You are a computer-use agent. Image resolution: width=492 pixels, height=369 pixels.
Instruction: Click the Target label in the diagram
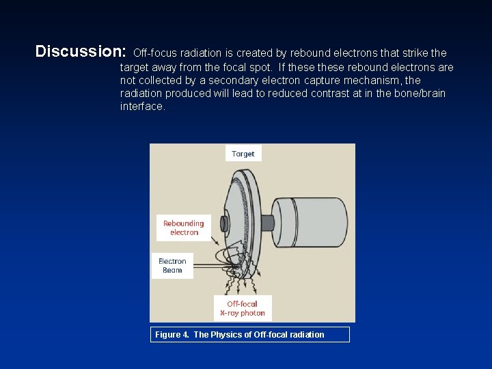click(x=243, y=154)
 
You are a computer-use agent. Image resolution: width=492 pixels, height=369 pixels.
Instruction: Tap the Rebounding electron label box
click(x=184, y=228)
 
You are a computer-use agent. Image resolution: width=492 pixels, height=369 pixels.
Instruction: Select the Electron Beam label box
click(x=172, y=266)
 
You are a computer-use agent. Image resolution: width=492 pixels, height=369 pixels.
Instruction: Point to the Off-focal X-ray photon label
click(x=243, y=309)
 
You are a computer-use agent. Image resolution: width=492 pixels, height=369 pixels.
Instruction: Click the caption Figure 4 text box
click(x=249, y=334)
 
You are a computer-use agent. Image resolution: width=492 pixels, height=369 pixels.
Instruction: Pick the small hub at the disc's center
click(x=225, y=224)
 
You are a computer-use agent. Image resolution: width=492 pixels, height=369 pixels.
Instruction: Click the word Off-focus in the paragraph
click(x=155, y=53)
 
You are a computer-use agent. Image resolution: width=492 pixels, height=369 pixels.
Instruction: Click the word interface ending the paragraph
click(x=141, y=107)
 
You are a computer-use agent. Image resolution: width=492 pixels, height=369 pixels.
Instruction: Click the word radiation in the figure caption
click(x=305, y=334)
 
